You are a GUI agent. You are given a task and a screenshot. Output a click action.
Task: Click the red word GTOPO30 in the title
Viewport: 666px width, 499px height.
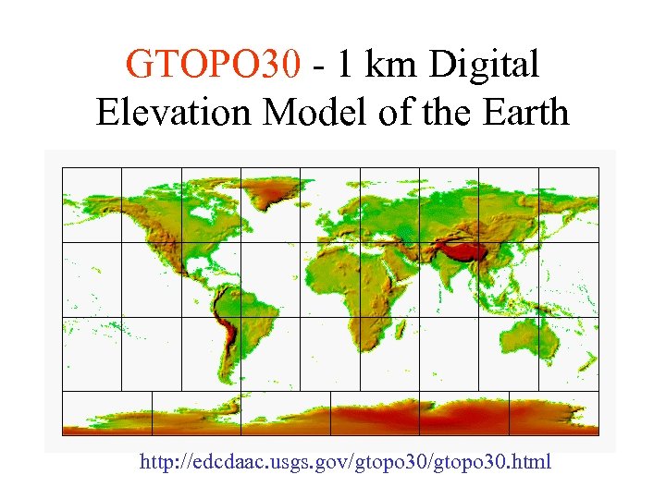click(214, 66)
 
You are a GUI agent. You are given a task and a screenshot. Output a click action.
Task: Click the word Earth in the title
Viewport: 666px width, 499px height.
click(524, 112)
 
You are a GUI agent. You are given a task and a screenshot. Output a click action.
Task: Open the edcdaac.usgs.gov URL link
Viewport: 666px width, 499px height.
click(345, 460)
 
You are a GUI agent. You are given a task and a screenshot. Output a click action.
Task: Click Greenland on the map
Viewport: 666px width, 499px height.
click(272, 193)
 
